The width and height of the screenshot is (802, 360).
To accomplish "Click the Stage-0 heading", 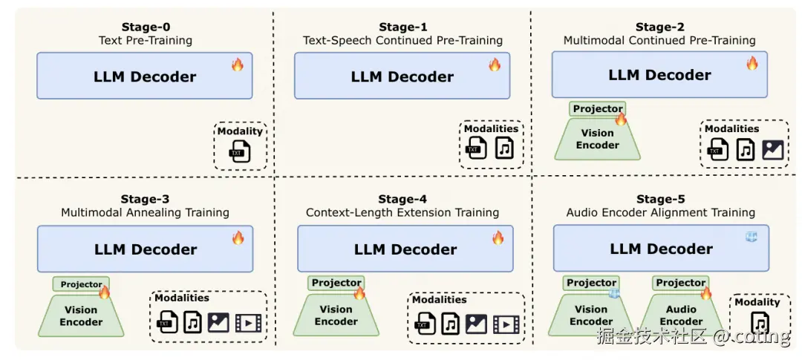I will (145, 27).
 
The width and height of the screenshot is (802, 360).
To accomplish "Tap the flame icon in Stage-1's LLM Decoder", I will (495, 65).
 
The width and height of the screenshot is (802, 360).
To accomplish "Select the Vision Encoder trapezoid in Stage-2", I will (597, 140).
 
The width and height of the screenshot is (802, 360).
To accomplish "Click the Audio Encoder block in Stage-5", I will (681, 315).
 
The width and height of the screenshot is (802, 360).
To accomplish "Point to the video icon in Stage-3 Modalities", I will (248, 323).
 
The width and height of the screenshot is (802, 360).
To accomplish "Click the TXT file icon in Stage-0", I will (239, 151).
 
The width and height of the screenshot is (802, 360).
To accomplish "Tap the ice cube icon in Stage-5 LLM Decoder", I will (752, 237).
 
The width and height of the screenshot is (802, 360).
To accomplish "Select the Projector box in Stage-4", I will (336, 283).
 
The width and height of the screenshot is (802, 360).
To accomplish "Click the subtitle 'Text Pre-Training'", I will (145, 40).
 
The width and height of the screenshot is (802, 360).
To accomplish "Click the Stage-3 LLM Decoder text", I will (145, 249).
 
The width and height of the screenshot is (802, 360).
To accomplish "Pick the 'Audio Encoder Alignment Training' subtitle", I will (660, 212).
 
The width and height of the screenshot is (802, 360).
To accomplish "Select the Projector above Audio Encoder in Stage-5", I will (680, 283).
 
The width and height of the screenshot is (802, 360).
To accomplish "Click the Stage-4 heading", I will (402, 199).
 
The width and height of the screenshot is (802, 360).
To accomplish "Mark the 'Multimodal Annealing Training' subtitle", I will (145, 212).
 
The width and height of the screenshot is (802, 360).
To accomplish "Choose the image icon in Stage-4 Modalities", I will (475, 324).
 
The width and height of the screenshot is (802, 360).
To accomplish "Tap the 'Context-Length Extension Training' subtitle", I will (402, 212).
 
